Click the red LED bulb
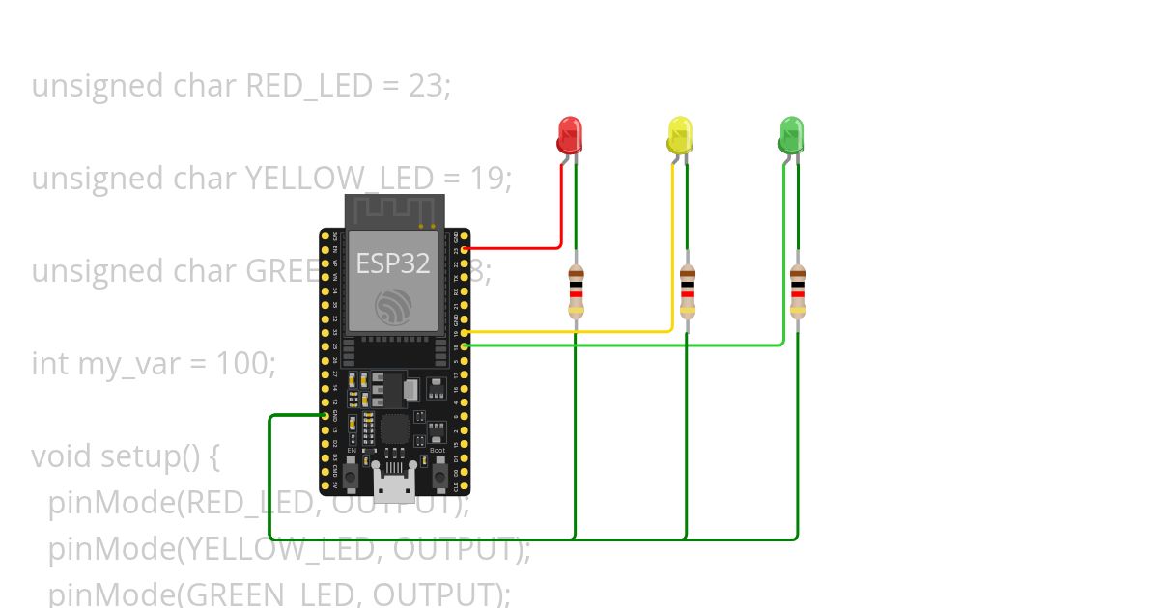pos(570,134)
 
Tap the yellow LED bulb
pos(680,134)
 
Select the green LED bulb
pos(791,134)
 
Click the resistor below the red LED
pos(576,291)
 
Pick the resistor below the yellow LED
pos(687,291)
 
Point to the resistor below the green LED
pos(797,291)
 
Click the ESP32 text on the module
pos(393,263)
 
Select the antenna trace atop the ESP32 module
pos(394,209)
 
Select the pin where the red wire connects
pos(466,249)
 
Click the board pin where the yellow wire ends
pos(466,332)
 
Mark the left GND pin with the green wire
pos(325,415)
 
